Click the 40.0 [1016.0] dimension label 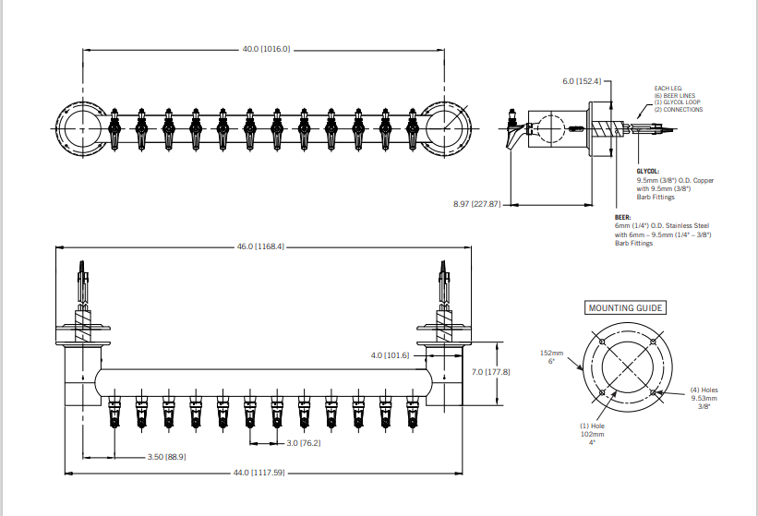(266, 49)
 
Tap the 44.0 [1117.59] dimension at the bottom (259, 473)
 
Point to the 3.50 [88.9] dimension (166, 457)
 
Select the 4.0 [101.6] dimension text (390, 354)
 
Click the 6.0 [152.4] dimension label (582, 81)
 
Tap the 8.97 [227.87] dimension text (477, 203)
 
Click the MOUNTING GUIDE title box (625, 307)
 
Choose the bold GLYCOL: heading (648, 171)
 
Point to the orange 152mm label (551, 353)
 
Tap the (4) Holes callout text (703, 390)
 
